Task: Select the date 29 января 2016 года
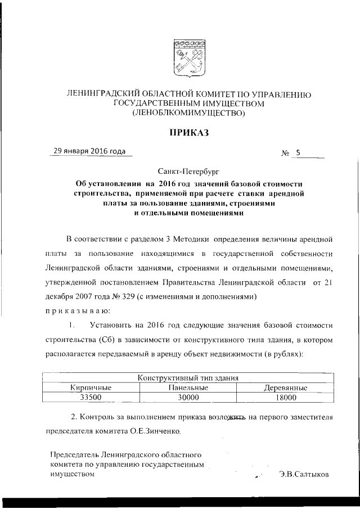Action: click(89, 151)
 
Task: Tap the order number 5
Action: click(298, 152)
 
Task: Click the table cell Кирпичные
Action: click(91, 388)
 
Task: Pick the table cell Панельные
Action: click(188, 388)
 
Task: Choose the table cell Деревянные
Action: click(285, 388)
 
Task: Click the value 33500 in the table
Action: click(91, 398)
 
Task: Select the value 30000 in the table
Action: click(188, 398)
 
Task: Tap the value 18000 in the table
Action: click(285, 398)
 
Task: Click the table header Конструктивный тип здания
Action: click(188, 379)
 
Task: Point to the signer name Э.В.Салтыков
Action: click(304, 474)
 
